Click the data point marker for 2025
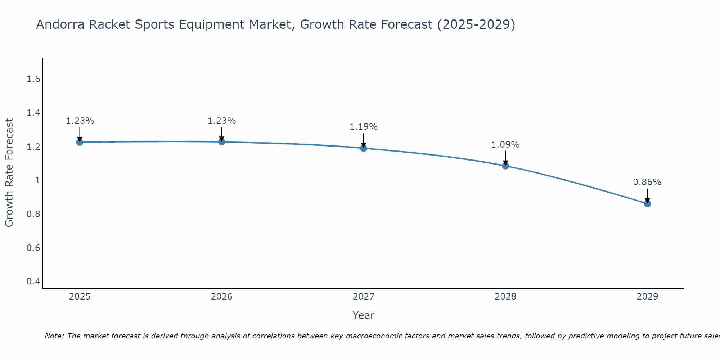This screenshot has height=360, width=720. click(80, 142)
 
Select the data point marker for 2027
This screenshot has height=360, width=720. click(364, 148)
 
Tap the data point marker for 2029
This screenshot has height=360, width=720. click(647, 204)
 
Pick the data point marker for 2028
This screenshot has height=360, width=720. click(505, 166)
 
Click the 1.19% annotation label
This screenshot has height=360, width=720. click(364, 127)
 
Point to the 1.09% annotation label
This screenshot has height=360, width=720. click(505, 145)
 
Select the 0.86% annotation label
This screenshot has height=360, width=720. click(647, 182)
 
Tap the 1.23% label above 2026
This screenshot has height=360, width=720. click(222, 121)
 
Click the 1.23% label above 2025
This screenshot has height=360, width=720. click(80, 121)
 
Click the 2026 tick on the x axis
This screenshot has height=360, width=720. click(222, 297)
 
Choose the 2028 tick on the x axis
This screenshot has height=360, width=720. click(505, 297)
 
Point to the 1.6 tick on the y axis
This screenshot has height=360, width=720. click(33, 79)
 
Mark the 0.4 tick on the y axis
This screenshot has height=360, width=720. click(33, 281)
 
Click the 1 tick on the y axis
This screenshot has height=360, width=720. click(37, 180)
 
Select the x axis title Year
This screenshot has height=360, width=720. click(364, 315)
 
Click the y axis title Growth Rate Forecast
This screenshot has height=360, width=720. click(9, 173)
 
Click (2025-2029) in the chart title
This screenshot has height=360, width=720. click(476, 24)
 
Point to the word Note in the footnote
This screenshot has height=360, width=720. click(54, 336)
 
